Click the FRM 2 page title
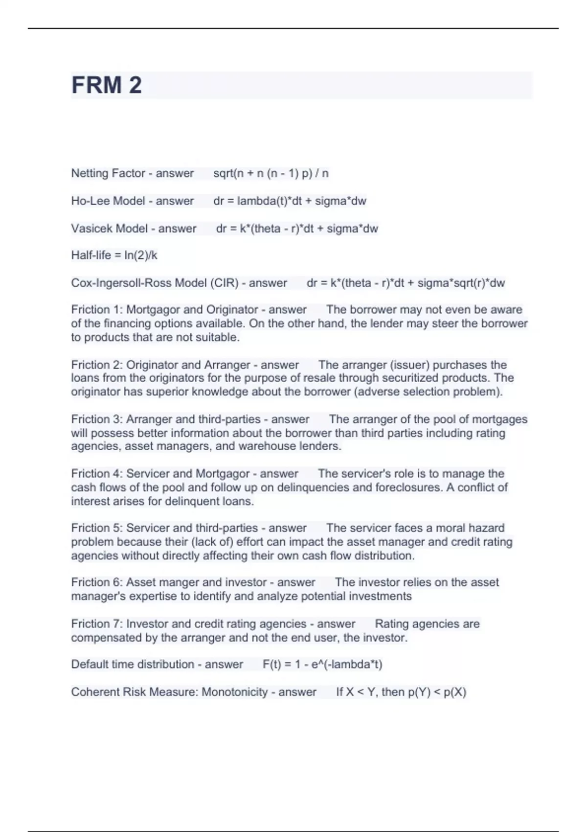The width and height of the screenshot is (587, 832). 107,85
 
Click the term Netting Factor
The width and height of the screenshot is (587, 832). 108,173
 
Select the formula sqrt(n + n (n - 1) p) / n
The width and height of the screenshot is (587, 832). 271,173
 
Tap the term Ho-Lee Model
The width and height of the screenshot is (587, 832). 108,201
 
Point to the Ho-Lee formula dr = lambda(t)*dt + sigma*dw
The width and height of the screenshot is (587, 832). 290,201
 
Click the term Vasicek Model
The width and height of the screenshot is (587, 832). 109,229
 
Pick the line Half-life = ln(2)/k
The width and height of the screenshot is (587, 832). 114,255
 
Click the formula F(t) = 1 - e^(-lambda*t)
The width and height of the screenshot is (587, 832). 322,665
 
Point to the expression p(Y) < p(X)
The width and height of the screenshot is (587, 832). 437,692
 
